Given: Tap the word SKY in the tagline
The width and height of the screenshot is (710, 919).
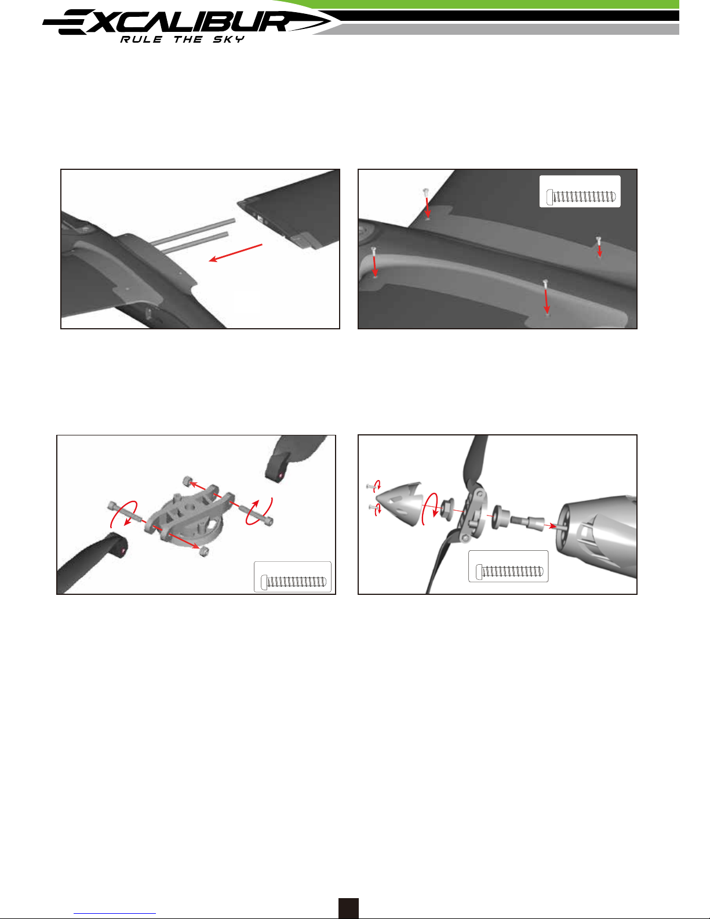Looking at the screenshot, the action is pos(228,39).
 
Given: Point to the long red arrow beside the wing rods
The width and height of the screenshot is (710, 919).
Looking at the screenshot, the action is pos(236,253).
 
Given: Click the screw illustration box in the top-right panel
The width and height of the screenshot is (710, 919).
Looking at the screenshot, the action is pos(580,191).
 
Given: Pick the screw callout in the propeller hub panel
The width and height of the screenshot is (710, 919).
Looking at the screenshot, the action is pos(293,577).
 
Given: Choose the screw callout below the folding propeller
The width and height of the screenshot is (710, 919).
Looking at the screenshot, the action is pos(508,566).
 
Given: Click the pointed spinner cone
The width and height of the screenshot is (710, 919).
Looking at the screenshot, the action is pos(399,503).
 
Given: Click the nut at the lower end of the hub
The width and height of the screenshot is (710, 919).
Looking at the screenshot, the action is pos(204,551).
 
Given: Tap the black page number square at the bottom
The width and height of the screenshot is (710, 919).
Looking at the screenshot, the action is pos(348,908).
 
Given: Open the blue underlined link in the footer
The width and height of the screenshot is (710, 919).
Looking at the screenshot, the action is pos(115,913).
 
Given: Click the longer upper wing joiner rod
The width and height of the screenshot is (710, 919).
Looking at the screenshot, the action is pos(192,232).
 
